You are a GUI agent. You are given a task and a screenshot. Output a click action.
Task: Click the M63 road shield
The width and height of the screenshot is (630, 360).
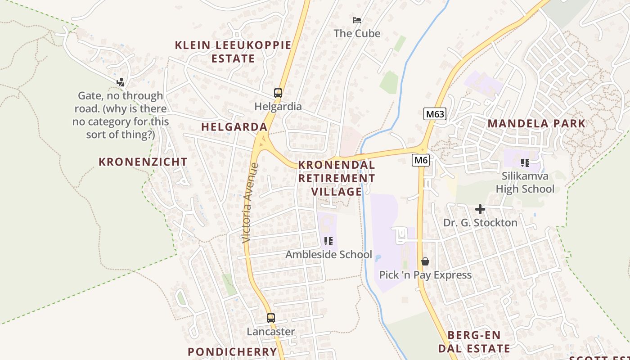pos(435,114)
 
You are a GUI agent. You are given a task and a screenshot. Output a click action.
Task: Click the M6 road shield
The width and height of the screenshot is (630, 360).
pos(421,160)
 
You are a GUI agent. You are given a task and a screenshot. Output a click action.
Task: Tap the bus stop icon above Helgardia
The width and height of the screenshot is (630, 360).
pos(278,93)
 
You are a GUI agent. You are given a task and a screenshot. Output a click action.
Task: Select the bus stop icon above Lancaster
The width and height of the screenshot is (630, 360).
pos(270,318)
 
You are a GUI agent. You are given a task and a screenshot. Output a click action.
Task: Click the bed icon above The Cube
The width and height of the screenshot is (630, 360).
pos(357,20)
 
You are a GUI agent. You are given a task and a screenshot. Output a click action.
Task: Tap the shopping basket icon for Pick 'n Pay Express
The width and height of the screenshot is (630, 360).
pos(425,261)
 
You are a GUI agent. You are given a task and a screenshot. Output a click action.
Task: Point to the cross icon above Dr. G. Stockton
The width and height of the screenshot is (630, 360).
pos(480,209)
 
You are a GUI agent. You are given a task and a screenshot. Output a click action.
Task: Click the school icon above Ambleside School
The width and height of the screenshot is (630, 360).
pos(328,241)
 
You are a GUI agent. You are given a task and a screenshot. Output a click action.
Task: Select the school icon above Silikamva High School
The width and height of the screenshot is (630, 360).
pos(525,162)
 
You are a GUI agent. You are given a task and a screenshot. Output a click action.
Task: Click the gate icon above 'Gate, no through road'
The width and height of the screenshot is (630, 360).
pos(120,82)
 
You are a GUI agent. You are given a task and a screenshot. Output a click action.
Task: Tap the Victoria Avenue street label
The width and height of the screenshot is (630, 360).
pos(250,203)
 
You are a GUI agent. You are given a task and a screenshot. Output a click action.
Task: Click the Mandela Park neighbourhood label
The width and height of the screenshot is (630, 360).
pos(536,123)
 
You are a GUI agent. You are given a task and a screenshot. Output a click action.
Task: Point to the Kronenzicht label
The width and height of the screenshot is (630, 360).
pos(143,162)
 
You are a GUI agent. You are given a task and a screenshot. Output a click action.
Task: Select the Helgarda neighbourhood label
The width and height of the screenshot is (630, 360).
pos(234,127)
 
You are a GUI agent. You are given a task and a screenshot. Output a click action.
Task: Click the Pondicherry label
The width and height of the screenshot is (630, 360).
pos(232,351)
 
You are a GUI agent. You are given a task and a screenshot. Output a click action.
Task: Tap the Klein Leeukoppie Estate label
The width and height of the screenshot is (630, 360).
pos(233,52)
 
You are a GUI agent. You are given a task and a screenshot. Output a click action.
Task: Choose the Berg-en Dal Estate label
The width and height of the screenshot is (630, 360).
pos(474,342)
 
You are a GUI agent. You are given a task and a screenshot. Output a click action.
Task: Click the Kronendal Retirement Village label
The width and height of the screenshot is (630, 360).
pos(337,178)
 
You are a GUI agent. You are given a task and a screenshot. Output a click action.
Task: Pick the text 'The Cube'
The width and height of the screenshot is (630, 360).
pos(357,33)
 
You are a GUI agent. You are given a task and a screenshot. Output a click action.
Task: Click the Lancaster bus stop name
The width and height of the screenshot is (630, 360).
pos(271,332)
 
